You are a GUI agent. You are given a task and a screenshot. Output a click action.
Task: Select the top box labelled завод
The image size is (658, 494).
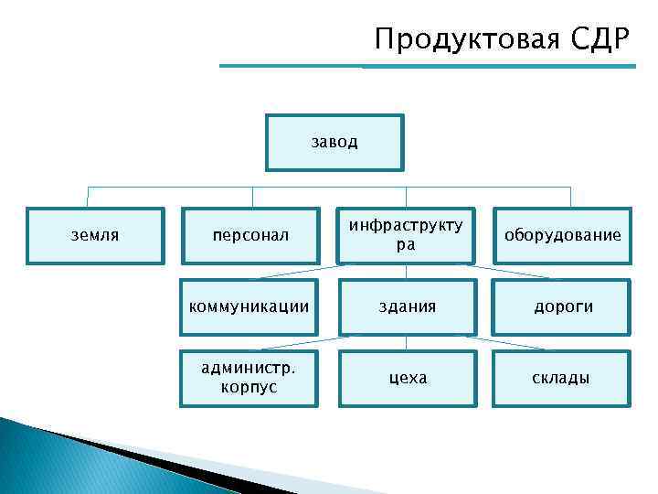click(x=334, y=142)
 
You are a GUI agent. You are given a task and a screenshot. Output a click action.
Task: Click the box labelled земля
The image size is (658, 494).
click(x=95, y=235)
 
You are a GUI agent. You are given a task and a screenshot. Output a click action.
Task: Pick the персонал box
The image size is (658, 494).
click(x=250, y=236)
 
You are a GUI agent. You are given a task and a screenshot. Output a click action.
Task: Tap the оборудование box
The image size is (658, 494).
click(x=561, y=236)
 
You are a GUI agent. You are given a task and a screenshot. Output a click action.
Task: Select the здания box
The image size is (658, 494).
click(x=406, y=306)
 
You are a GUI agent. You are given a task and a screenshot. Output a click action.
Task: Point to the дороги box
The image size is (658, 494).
click(x=561, y=306)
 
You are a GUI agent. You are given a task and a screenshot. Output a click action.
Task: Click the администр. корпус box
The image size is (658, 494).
click(x=250, y=378)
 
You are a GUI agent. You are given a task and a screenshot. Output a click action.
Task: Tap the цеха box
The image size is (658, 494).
click(x=406, y=378)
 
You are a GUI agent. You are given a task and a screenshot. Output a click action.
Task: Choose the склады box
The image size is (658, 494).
click(x=561, y=378)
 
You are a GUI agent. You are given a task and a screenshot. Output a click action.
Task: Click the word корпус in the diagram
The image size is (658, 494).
click(x=249, y=387)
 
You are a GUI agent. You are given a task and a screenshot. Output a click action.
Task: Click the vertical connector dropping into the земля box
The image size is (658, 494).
click(x=88, y=197)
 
